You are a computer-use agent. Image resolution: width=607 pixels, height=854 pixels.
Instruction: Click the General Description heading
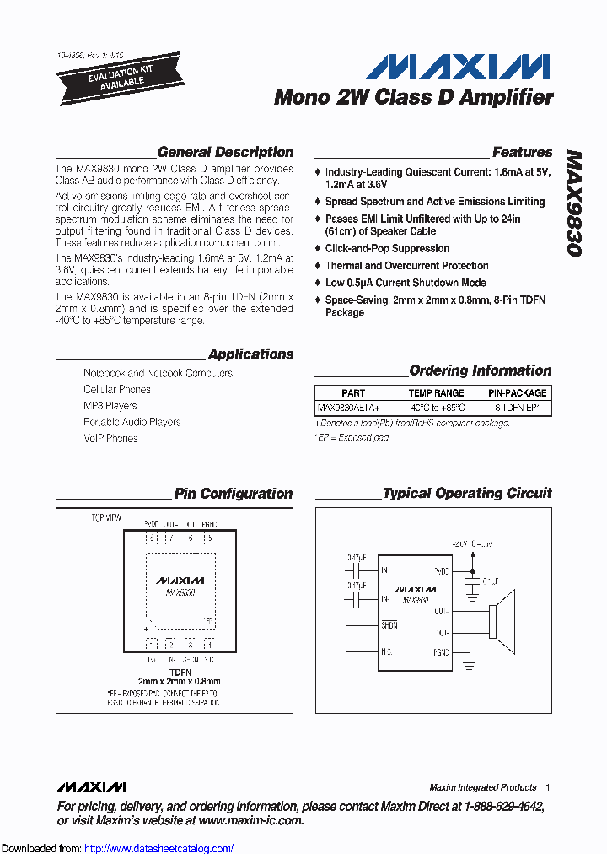(x=225, y=153)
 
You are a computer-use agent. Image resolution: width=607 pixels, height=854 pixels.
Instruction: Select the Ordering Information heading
(x=480, y=370)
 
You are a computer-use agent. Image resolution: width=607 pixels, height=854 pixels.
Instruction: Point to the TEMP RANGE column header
(x=436, y=393)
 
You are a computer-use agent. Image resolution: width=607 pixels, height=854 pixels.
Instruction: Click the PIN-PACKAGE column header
(x=517, y=393)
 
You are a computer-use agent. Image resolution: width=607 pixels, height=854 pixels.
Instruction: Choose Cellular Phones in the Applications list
(x=117, y=390)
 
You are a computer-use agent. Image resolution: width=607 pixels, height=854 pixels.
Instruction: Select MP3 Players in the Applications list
(x=110, y=406)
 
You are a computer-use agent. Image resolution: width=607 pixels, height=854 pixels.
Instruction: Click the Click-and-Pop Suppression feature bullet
(x=387, y=249)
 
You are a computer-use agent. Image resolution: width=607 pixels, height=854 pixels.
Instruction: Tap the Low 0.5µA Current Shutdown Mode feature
(x=406, y=283)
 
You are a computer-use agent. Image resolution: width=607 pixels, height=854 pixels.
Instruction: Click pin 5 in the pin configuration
(x=209, y=538)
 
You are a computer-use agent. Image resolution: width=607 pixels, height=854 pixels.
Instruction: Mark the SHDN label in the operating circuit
(x=389, y=625)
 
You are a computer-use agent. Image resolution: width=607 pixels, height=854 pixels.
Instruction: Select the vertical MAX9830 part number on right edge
(x=575, y=203)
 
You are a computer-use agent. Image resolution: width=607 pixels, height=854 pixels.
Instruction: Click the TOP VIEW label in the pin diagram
(x=106, y=516)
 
